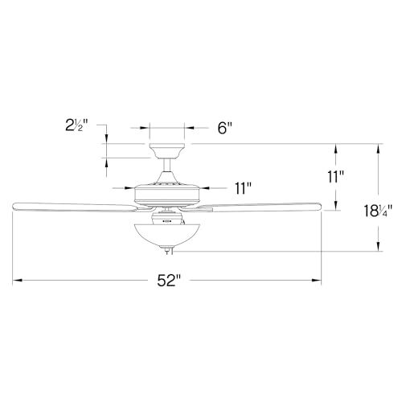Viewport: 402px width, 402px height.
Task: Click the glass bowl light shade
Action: pos(166,233)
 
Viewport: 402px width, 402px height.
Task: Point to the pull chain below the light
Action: pos(169,252)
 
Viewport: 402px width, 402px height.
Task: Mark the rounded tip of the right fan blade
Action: pos(318,207)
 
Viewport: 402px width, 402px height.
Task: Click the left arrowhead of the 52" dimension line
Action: pos(16,281)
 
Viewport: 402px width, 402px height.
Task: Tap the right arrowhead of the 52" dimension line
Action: pos(318,281)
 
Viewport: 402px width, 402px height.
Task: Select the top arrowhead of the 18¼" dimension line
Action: pos(375,147)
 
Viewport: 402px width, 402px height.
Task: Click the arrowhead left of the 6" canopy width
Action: pos(146,127)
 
